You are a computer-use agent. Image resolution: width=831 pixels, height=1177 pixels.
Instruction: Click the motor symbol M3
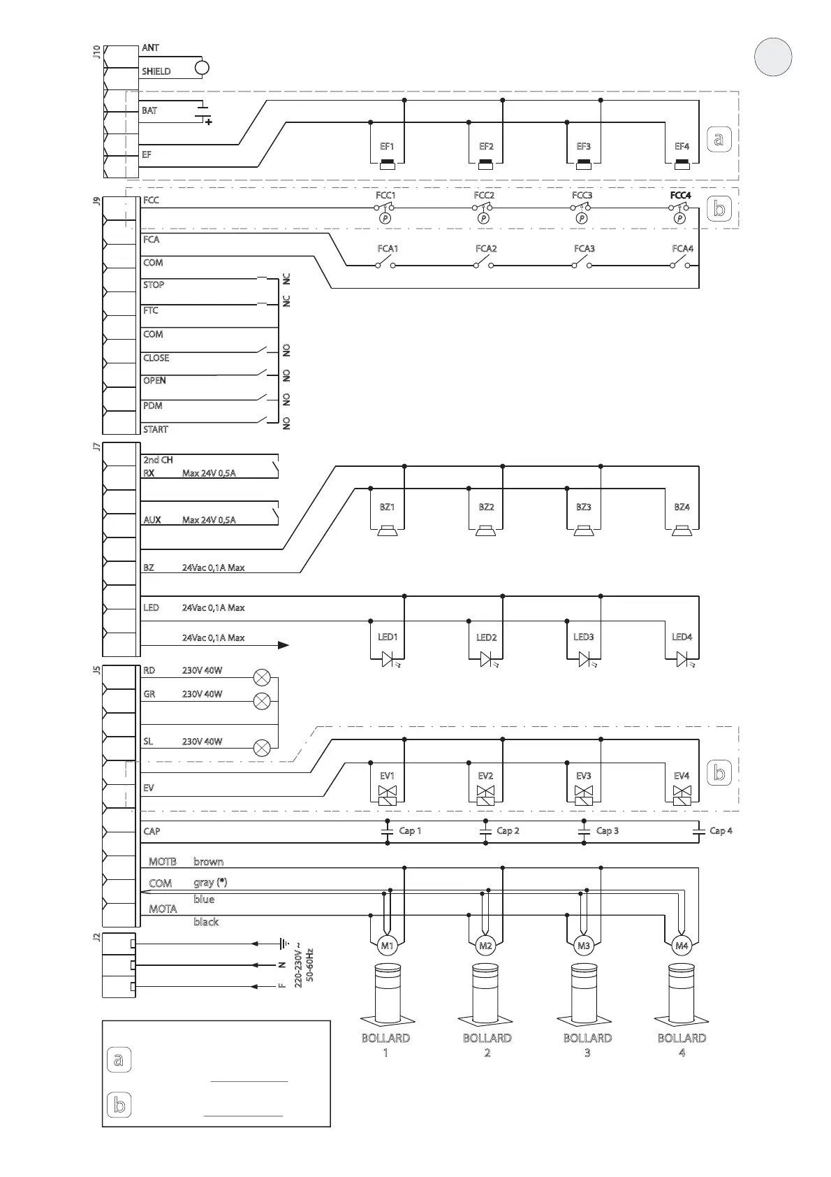(584, 946)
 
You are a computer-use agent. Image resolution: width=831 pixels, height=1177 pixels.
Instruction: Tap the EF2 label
(486, 147)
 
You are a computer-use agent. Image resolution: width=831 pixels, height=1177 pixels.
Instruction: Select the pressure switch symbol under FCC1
(385, 218)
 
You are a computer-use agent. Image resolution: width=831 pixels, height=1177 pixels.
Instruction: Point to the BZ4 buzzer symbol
(682, 531)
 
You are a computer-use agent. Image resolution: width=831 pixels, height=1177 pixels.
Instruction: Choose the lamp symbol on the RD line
(262, 677)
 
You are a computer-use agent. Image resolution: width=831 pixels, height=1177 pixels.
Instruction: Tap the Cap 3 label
(607, 831)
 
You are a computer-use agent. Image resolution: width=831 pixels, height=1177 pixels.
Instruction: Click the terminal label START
(156, 429)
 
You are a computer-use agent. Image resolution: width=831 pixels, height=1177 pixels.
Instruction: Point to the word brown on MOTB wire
(208, 862)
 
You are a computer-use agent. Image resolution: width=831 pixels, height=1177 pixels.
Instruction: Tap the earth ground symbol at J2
(283, 944)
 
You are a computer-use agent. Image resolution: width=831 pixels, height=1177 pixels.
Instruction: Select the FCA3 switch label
(584, 249)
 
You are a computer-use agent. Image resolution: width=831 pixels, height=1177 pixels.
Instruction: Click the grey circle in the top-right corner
(773, 57)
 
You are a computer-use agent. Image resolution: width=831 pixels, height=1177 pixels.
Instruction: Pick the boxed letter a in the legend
(119, 1060)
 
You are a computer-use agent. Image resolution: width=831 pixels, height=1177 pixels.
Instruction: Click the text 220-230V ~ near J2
(298, 967)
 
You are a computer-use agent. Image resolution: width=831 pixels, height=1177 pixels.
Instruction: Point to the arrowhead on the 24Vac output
(283, 645)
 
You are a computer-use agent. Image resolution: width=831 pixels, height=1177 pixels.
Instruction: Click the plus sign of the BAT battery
(208, 122)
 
